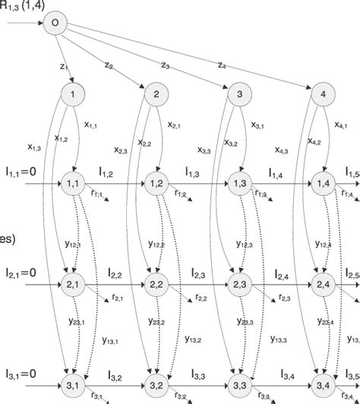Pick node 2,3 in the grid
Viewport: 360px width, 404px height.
point(240,285)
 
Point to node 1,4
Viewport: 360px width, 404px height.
point(324,185)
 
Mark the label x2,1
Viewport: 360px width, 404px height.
point(173,125)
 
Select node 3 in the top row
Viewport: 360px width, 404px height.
point(240,95)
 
